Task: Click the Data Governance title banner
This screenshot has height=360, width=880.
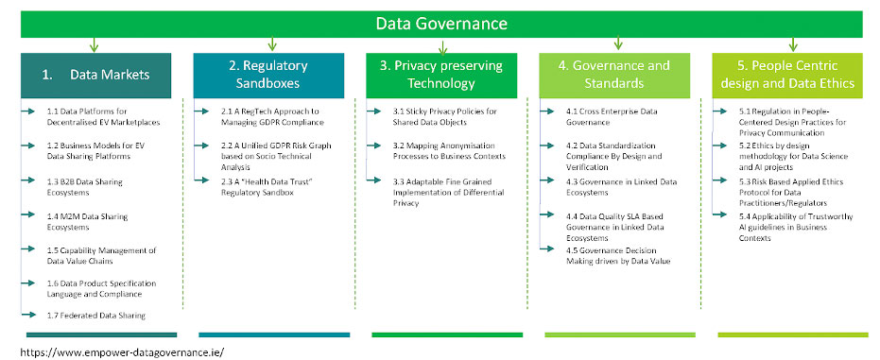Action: pyautogui.click(x=441, y=25)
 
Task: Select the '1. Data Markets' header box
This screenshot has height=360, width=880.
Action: pyautogui.click(x=96, y=76)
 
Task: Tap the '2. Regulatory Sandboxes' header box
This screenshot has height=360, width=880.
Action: pyautogui.click(x=268, y=76)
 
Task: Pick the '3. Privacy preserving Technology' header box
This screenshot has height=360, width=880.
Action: pyautogui.click(x=441, y=76)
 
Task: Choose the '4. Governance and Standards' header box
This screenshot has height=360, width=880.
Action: pyautogui.click(x=614, y=76)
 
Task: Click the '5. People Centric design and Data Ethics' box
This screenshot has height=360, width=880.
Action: pyautogui.click(x=787, y=76)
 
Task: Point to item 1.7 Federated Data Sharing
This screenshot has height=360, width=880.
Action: pyautogui.click(x=96, y=316)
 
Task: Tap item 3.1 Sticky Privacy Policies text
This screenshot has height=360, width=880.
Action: pyautogui.click(x=444, y=116)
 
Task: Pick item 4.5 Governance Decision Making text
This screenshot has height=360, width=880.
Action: pyautogui.click(x=618, y=256)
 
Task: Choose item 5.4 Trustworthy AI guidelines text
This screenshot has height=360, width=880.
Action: pyautogui.click(x=796, y=227)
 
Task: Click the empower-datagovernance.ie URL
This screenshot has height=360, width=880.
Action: pyautogui.click(x=122, y=352)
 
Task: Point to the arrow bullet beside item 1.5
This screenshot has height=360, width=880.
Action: pyautogui.click(x=28, y=249)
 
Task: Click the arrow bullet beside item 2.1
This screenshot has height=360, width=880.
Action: pyautogui.click(x=201, y=111)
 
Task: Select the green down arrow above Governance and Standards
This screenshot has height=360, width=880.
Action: pyautogui.click(x=618, y=43)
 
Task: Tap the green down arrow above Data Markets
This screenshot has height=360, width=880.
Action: pyautogui.click(x=94, y=44)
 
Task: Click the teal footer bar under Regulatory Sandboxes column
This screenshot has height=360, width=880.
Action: pyautogui.click(x=274, y=334)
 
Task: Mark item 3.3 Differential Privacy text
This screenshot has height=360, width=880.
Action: pyautogui.click(x=448, y=193)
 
